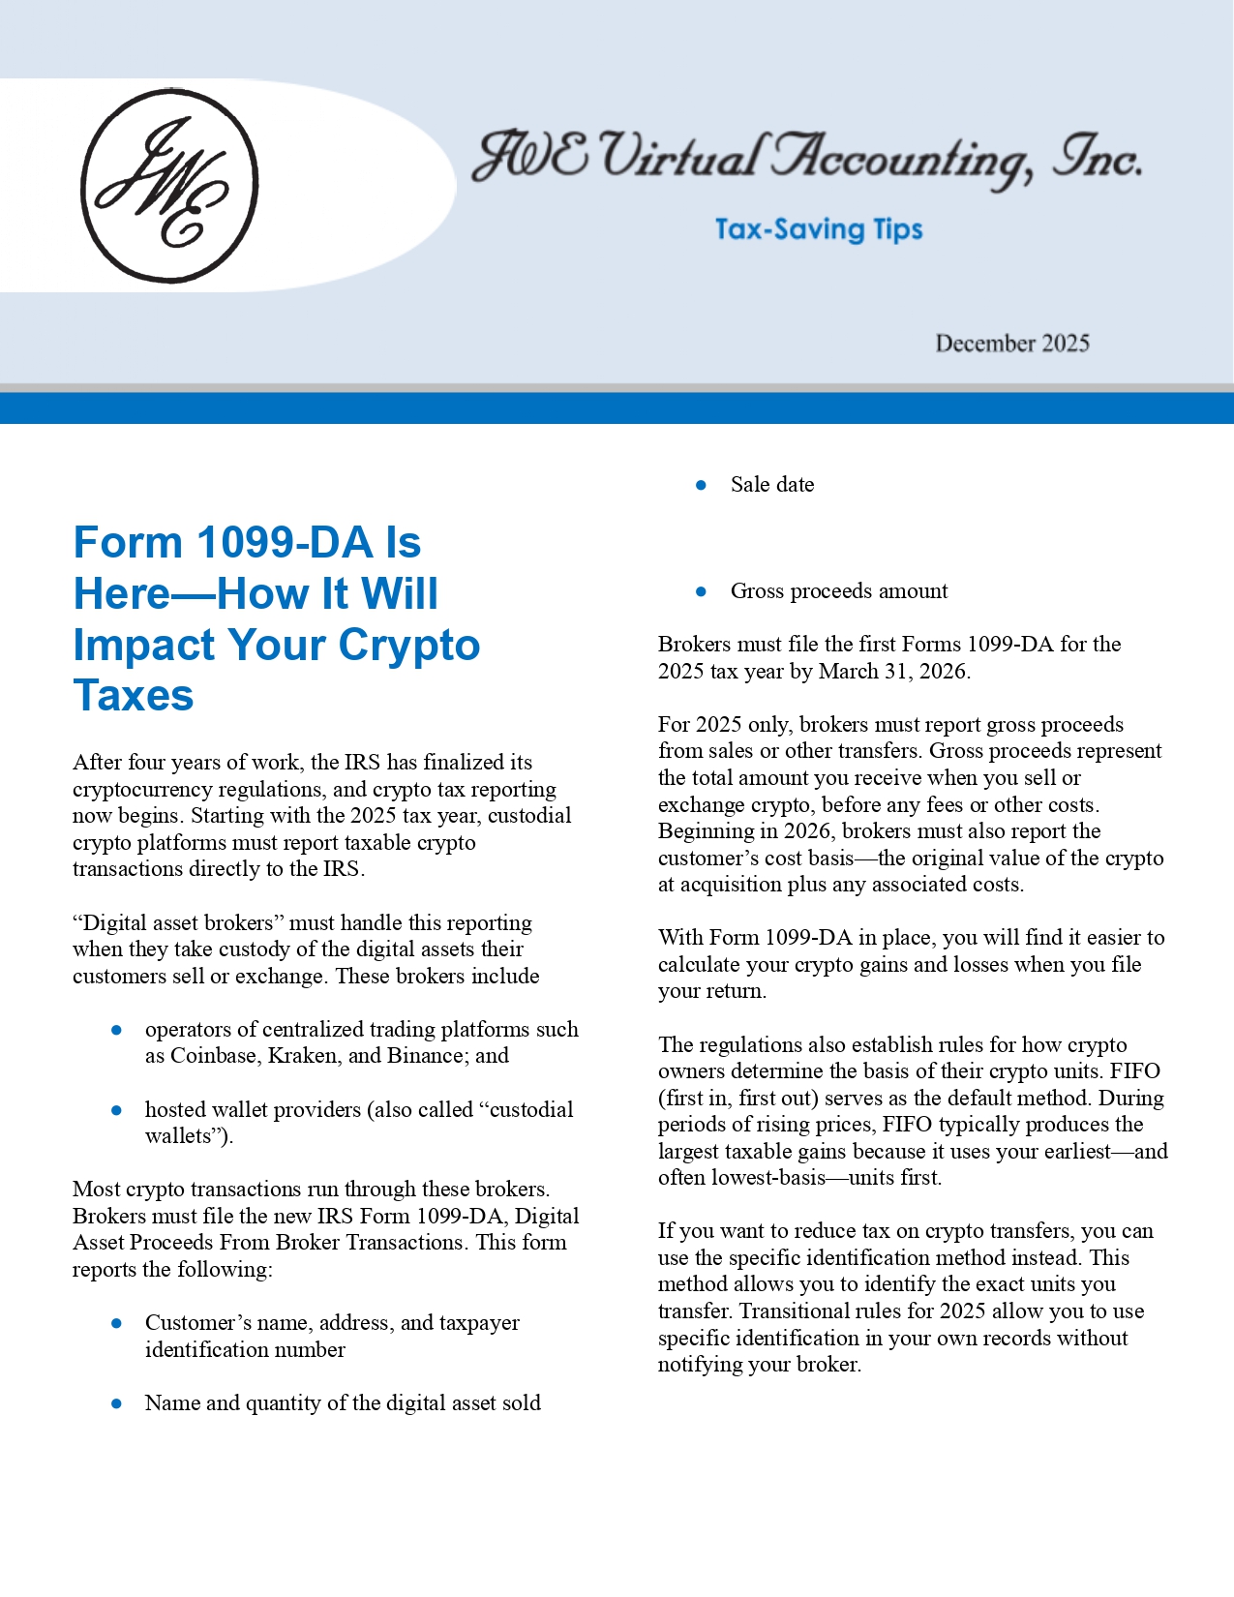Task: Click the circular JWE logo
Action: point(169,186)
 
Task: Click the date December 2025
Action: point(1011,344)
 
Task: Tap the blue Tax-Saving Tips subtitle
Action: point(819,229)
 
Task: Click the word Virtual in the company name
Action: point(677,157)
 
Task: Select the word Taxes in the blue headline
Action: point(134,695)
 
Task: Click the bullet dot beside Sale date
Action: point(702,485)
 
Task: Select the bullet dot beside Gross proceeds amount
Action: point(702,591)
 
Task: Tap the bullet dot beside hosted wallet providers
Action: point(117,1110)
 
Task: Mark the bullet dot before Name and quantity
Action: point(117,1403)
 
